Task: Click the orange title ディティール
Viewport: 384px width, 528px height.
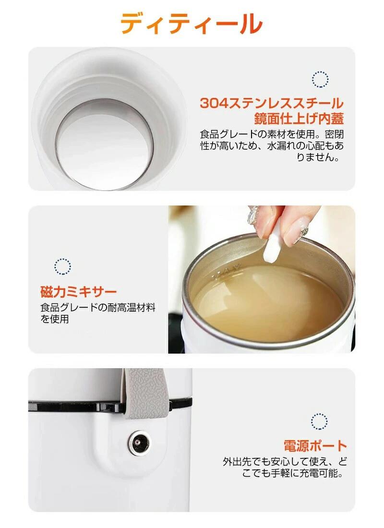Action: click(x=192, y=23)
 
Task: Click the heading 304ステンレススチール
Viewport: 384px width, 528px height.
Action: click(x=272, y=103)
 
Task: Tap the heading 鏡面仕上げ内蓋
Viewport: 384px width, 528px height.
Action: click(x=299, y=119)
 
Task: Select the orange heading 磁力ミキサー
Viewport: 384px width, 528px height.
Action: click(x=79, y=292)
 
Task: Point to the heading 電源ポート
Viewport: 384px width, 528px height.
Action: click(x=315, y=446)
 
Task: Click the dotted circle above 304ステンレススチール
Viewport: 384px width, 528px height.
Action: click(x=320, y=80)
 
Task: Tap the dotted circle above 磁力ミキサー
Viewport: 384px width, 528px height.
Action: click(x=63, y=266)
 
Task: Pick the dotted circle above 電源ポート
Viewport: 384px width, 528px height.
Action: click(x=319, y=421)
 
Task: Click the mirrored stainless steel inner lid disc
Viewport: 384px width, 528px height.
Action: click(x=105, y=145)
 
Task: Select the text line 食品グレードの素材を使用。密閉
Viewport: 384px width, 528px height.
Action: click(x=272, y=134)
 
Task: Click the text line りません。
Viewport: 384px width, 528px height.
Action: click(x=318, y=157)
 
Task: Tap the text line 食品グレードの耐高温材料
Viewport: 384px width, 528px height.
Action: click(x=98, y=307)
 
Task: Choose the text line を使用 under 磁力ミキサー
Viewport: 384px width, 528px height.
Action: click(x=55, y=319)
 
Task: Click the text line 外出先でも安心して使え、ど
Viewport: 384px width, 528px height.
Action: click(x=285, y=461)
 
